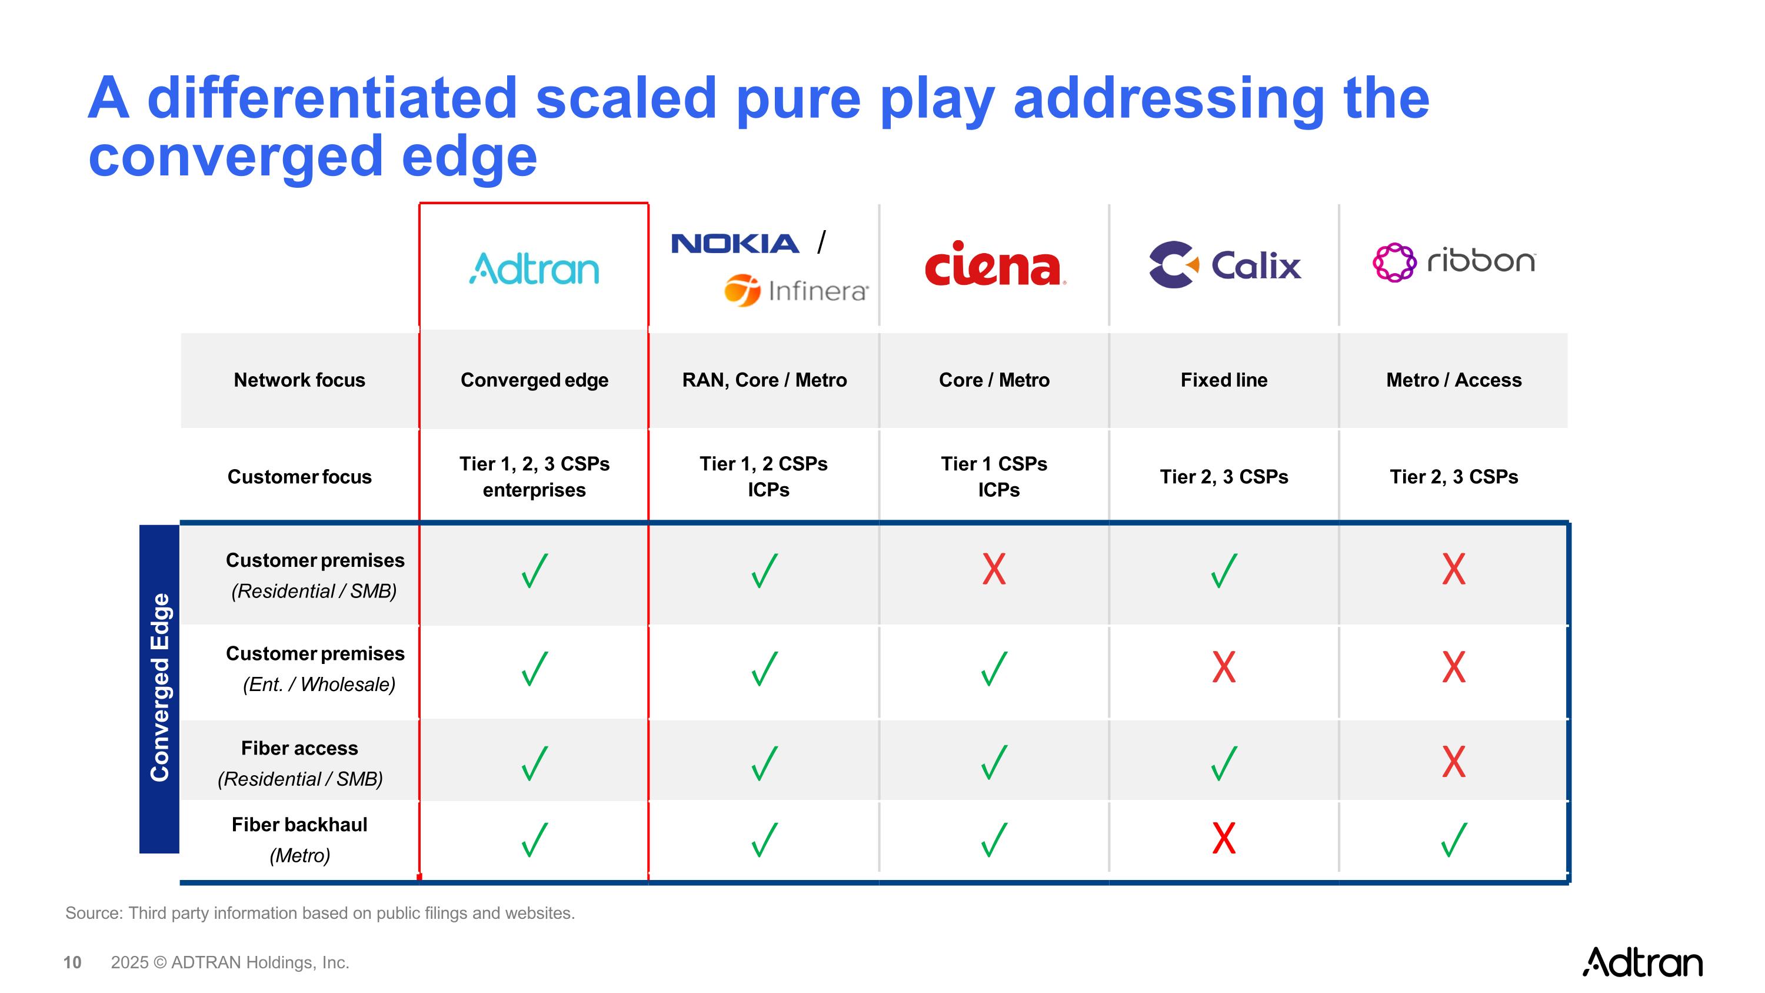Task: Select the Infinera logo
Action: coord(796,291)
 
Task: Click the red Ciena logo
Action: coord(994,264)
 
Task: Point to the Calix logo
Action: coord(1224,264)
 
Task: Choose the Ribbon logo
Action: coord(1454,262)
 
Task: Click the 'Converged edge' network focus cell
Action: coord(534,380)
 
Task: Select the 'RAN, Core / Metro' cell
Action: coord(764,380)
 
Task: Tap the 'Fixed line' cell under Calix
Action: coord(1224,380)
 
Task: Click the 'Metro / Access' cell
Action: coord(1453,380)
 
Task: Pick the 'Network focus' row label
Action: coord(299,380)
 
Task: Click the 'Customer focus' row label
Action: coord(299,476)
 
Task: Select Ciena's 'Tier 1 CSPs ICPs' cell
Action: coord(994,476)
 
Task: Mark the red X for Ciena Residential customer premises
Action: coord(994,569)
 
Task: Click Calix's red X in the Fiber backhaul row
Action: coord(1224,838)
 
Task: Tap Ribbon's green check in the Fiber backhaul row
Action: coord(1453,839)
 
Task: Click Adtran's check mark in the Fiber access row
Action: coord(534,763)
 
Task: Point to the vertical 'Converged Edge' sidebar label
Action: coord(159,688)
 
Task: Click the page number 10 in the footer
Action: coord(72,962)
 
